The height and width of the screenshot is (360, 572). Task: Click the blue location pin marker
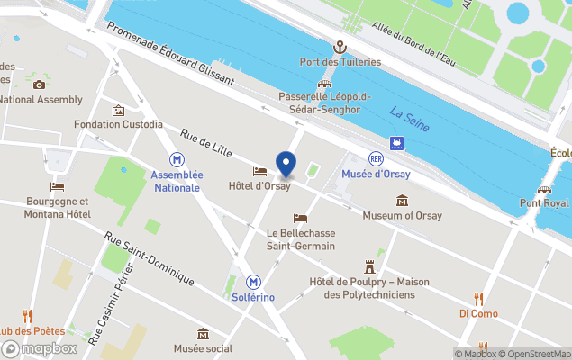coord(286,165)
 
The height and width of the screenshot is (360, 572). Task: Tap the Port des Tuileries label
coord(340,62)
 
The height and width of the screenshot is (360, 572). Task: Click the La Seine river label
coord(409,118)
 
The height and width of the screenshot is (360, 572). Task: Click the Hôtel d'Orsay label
coord(259,186)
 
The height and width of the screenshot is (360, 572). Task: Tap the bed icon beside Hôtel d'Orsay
coord(259,172)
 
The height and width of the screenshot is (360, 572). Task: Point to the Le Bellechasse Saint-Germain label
coord(300,239)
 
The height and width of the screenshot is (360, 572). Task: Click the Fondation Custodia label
coord(118,124)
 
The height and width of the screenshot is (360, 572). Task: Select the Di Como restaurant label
coord(477,313)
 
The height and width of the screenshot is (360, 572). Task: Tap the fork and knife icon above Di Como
coord(478,299)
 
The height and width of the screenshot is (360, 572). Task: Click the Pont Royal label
coord(543,203)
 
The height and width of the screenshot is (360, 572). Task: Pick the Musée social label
coord(203,348)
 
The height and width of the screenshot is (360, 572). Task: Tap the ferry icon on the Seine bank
coord(396,143)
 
